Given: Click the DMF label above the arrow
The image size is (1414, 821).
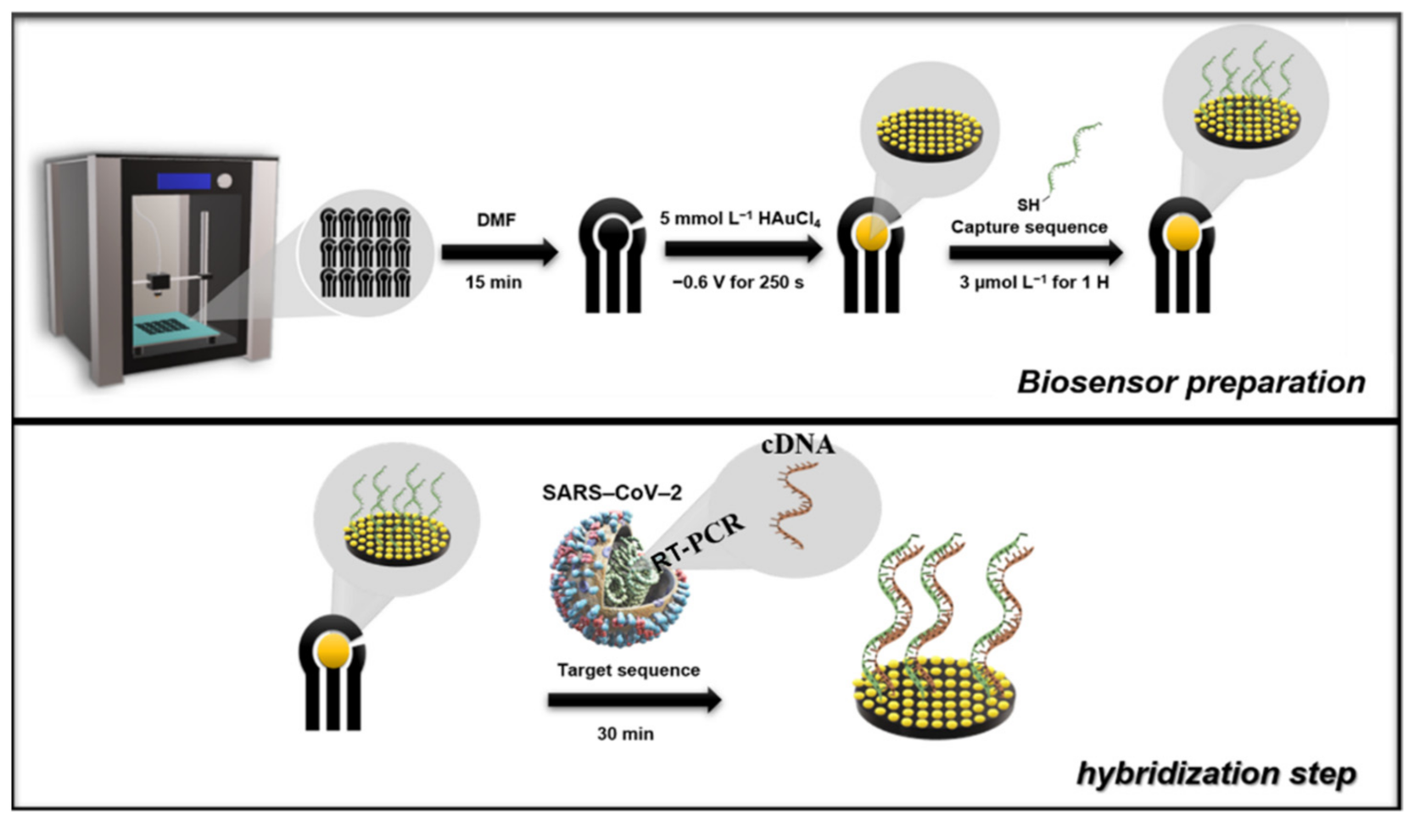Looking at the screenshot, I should (x=496, y=220).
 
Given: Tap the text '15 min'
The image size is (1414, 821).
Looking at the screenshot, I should (x=493, y=282).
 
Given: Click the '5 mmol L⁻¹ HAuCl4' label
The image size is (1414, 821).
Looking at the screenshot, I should (x=741, y=219).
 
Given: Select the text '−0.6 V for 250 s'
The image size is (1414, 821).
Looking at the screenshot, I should (x=738, y=282).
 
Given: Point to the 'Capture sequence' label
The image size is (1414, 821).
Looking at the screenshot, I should (x=1029, y=227).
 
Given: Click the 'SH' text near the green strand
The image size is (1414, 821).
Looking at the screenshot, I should (x=1028, y=204).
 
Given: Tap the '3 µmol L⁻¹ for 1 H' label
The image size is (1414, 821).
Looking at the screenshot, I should (x=1033, y=282).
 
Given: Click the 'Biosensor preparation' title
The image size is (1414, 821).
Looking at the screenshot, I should (x=1191, y=382).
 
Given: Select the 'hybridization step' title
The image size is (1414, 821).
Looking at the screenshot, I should (x=1216, y=773).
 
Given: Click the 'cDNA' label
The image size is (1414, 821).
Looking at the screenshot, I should (x=797, y=444).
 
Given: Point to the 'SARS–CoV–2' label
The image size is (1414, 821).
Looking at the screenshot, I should (x=612, y=493).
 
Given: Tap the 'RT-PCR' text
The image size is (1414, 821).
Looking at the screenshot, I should (x=701, y=537).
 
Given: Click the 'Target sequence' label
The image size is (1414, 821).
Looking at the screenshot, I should (x=629, y=670).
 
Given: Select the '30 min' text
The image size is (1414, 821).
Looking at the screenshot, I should (x=625, y=734).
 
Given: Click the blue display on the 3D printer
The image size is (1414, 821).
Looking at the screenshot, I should (x=184, y=182).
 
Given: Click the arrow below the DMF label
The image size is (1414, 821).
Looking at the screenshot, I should (x=499, y=252).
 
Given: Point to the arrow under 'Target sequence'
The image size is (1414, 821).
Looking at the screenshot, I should (x=634, y=701).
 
